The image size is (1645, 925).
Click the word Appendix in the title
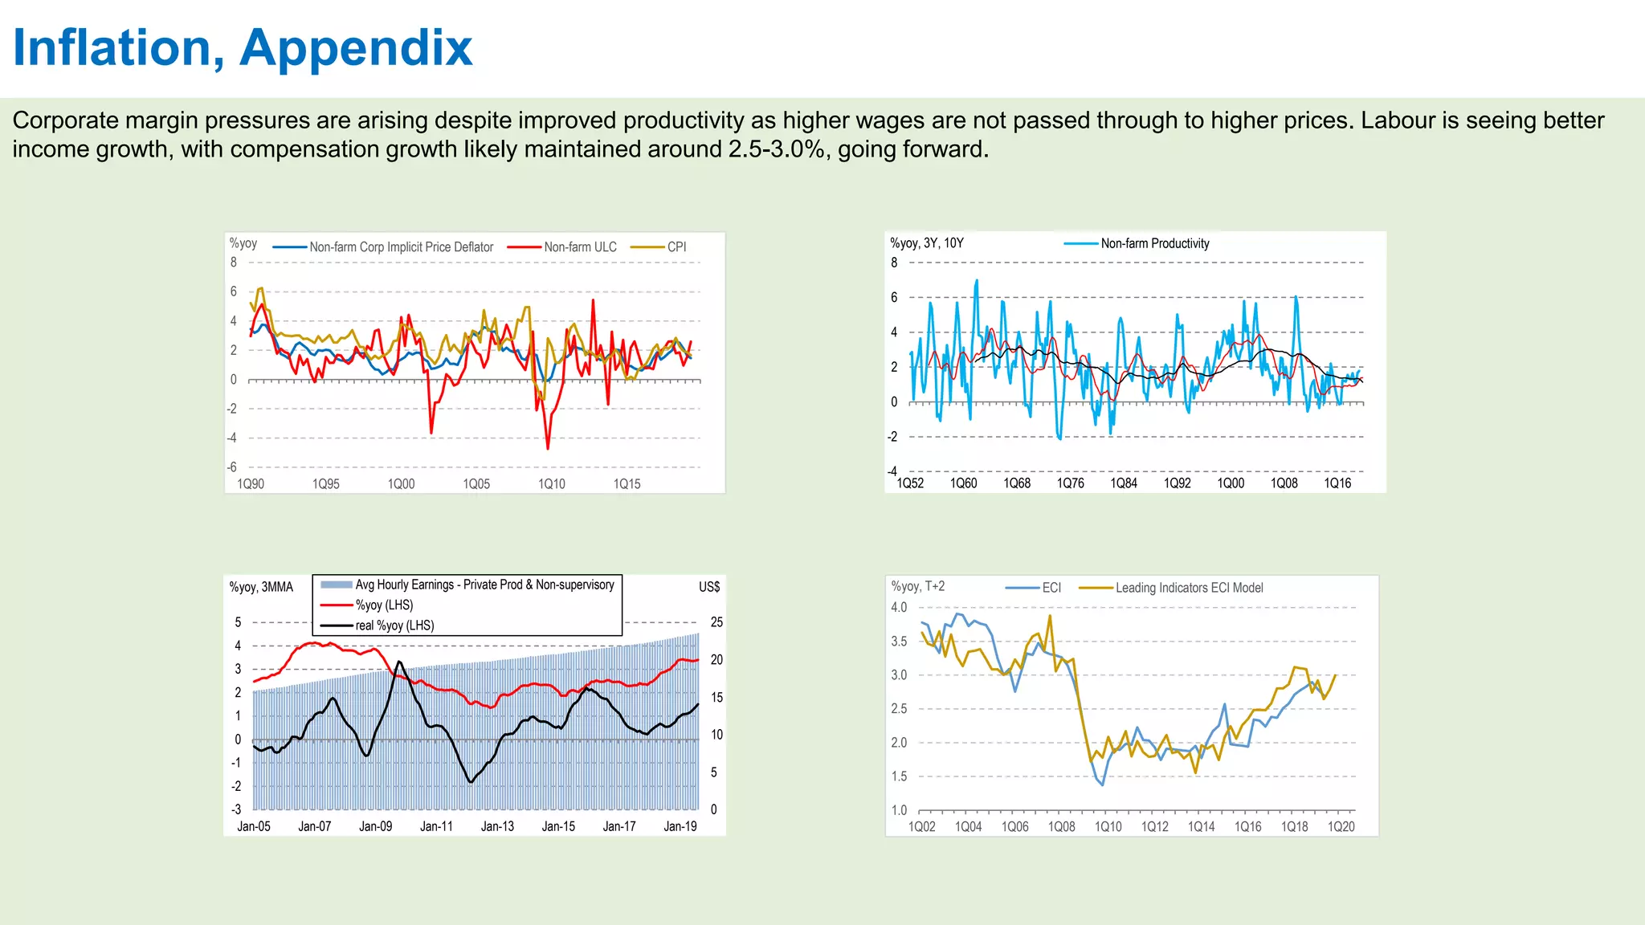click(x=356, y=48)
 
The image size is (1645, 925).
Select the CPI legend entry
click(x=676, y=247)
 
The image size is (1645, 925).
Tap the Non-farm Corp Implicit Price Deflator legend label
click(x=401, y=247)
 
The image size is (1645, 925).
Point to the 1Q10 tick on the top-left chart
click(x=551, y=484)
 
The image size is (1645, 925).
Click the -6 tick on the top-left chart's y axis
click(x=232, y=467)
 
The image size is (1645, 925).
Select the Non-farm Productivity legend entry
click(x=1154, y=243)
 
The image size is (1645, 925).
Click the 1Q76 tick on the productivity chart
click(x=1070, y=483)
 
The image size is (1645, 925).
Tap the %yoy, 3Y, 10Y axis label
click(x=926, y=243)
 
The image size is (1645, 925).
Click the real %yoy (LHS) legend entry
click(x=394, y=625)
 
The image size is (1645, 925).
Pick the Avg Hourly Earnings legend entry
click(x=484, y=585)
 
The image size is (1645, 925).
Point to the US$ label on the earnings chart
click(x=709, y=587)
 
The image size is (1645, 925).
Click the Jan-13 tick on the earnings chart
click(x=497, y=826)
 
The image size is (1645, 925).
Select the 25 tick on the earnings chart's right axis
click(x=716, y=622)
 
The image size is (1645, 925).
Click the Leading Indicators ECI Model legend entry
click(x=1189, y=588)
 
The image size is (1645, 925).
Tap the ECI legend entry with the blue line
click(x=1051, y=588)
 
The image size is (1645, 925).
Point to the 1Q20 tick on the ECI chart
click(x=1341, y=826)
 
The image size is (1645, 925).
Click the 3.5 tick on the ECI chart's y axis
click(x=899, y=642)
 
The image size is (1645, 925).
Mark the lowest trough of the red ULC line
click(x=548, y=448)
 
